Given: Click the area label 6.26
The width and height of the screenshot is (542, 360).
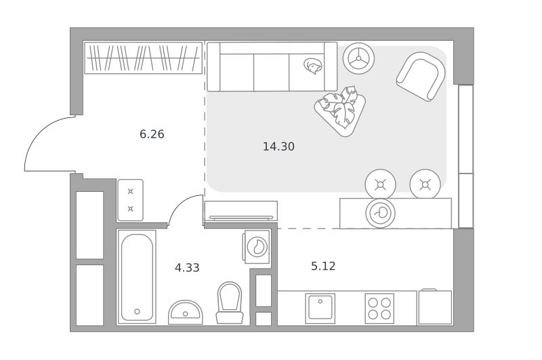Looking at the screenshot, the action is [152, 134].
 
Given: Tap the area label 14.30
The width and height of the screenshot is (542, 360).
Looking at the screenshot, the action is [278, 146].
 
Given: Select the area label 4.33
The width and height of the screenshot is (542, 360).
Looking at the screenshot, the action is [187, 268].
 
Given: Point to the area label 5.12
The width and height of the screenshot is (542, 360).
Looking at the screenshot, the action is [323, 266].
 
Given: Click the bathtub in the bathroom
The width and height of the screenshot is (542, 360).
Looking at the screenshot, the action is [137, 277].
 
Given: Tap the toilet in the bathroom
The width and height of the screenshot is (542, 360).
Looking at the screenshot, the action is [230, 302].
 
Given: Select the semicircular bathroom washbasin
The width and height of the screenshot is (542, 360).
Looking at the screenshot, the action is [185, 313].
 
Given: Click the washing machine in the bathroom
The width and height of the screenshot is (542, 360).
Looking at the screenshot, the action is [257, 247].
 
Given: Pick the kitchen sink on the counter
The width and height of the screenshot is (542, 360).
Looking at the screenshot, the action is [320, 308].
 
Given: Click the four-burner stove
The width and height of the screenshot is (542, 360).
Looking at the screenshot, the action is [379, 308].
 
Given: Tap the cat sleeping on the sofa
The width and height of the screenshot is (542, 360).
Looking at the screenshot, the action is [313, 66].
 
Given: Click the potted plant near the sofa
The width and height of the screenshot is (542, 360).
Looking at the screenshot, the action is [340, 110].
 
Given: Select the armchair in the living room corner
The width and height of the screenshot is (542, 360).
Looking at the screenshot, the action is [421, 76].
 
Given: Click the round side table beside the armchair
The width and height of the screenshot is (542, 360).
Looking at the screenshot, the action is [358, 58].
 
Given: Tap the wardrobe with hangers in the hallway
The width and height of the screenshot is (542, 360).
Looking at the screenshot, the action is [144, 58].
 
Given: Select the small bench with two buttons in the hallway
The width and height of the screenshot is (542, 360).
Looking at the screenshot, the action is [130, 200].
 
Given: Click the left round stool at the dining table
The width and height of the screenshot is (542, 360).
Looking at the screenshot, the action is [380, 184].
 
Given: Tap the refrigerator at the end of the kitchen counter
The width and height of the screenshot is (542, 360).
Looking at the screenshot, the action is [435, 307].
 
